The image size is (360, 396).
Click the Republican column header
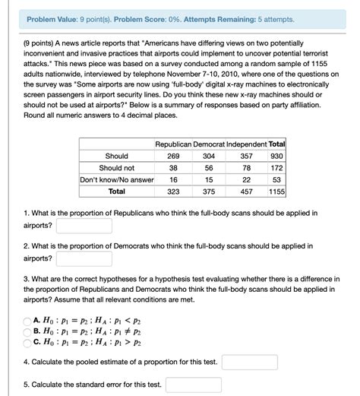point(172,144)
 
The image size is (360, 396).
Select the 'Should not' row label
point(116,168)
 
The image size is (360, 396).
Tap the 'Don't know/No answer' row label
point(116,180)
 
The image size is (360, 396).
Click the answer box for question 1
point(84,226)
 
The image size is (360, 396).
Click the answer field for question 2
point(84,258)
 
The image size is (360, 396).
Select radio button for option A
point(27,321)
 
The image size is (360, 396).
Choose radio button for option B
point(27,331)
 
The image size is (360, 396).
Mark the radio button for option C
point(27,342)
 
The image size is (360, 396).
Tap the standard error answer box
point(193,385)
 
